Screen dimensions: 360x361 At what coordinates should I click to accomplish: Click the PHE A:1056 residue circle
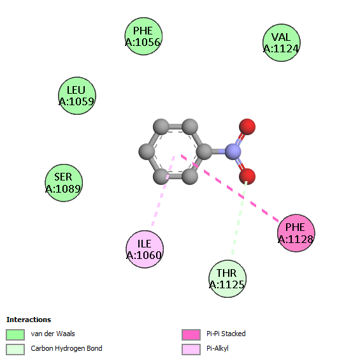[143, 36]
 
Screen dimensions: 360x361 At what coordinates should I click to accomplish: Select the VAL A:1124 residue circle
[282, 43]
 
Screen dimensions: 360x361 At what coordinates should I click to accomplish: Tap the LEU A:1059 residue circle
[77, 96]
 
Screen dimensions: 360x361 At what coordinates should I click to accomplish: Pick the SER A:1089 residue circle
[64, 183]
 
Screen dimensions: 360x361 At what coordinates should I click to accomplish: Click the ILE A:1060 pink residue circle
[145, 249]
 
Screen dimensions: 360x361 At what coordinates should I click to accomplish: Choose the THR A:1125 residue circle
[227, 279]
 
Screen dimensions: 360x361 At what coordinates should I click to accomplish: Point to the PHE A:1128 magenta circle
[296, 233]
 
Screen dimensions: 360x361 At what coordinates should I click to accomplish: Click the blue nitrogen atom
[233, 152]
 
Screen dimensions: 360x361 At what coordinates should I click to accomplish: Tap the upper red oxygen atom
[247, 127]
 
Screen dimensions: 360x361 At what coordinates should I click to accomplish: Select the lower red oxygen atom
[247, 177]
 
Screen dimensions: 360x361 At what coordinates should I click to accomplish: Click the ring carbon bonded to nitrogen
[204, 152]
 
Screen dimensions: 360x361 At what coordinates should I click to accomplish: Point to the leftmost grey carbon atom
[147, 152]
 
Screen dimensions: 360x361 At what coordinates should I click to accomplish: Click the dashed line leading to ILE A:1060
[163, 191]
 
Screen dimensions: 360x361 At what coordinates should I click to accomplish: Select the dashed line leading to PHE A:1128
[230, 189]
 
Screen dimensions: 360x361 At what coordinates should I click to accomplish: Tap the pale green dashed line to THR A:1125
[240, 217]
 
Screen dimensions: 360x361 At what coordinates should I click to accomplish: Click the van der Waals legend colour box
[15, 334]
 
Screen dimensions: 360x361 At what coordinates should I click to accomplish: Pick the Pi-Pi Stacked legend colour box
[191, 334]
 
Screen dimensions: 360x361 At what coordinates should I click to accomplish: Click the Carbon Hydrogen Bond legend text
[66, 348]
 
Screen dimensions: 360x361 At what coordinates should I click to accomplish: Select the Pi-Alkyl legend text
[217, 348]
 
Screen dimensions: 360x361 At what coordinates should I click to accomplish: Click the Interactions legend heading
[29, 320]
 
